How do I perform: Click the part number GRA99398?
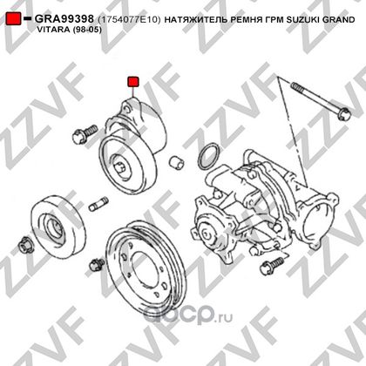click(x=64, y=19)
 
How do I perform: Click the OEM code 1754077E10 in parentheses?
click(x=129, y=19)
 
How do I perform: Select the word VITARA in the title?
click(x=52, y=30)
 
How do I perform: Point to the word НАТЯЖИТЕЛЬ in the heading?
click(x=195, y=20)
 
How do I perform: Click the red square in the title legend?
click(x=13, y=18)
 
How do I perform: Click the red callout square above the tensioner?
click(x=133, y=82)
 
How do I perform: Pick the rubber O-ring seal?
click(x=208, y=156)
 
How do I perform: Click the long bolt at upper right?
click(x=321, y=101)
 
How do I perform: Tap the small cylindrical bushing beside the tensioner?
click(x=177, y=162)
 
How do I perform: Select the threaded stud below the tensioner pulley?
click(x=98, y=204)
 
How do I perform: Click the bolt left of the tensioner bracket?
click(x=85, y=133)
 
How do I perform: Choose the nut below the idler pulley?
click(x=25, y=246)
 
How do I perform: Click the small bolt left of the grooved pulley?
click(x=97, y=264)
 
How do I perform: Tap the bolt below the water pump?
click(x=272, y=265)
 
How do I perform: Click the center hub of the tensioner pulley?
click(x=121, y=167)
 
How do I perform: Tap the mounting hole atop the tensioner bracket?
click(x=127, y=109)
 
